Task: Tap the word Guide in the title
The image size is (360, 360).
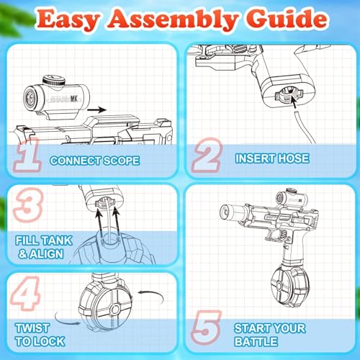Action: pos(287,19)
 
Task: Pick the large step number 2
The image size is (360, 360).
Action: pos(207,156)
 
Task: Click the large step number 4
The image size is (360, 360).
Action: pos(25,293)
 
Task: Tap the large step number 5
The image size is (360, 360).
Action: pos(207,328)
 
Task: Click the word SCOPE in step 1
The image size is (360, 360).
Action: pos(121,161)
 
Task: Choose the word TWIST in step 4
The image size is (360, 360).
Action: pos(32,328)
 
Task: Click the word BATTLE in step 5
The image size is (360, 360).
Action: pos(256,341)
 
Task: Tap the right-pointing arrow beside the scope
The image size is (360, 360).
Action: pos(96,110)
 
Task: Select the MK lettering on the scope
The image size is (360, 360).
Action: pos(74,99)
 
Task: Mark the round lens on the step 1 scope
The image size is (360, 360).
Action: pos(30,98)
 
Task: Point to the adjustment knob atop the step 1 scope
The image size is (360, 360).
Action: pos(54,81)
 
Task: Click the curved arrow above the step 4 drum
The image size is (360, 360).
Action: pos(152,296)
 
